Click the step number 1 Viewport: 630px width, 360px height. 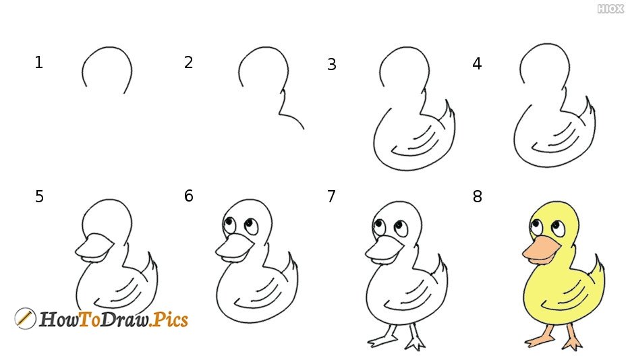click(x=38, y=63)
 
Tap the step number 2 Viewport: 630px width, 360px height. click(x=188, y=62)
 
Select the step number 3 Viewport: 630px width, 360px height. click(x=331, y=64)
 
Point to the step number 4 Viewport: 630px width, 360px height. click(x=477, y=63)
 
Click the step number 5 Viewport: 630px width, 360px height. click(x=39, y=196)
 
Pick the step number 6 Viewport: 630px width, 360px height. click(x=188, y=196)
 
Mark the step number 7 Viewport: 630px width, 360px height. click(x=331, y=196)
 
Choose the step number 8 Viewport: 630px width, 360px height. click(x=477, y=196)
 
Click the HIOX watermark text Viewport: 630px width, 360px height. click(x=610, y=9)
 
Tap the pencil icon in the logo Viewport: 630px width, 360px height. click(x=25, y=319)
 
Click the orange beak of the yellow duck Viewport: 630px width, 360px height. click(x=539, y=251)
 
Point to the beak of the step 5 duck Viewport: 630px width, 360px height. click(x=94, y=248)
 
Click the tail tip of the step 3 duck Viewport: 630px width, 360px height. click(x=446, y=100)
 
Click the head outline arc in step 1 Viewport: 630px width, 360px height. click(x=107, y=47)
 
